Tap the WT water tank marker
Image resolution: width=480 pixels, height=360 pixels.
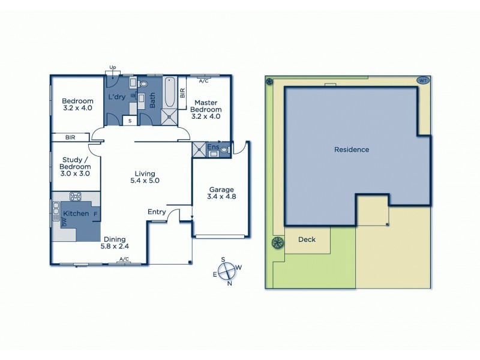[422, 80]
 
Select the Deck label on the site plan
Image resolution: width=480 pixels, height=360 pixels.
[307, 240]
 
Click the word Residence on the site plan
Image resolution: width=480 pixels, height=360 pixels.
[352, 149]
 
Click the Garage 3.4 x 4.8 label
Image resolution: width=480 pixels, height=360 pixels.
[221, 193]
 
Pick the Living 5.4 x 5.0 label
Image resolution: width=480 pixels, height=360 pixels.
[145, 176]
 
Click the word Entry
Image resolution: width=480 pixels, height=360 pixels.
[157, 212]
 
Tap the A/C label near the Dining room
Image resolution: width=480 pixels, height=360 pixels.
[124, 259]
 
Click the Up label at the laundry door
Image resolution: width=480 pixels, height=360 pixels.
[112, 67]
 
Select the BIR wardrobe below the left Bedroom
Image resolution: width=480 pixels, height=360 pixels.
[71, 137]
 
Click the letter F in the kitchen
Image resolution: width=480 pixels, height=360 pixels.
[95, 213]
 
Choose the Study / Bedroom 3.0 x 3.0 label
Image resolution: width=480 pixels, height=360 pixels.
[76, 166]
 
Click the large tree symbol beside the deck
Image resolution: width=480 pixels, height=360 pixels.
[277, 242]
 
